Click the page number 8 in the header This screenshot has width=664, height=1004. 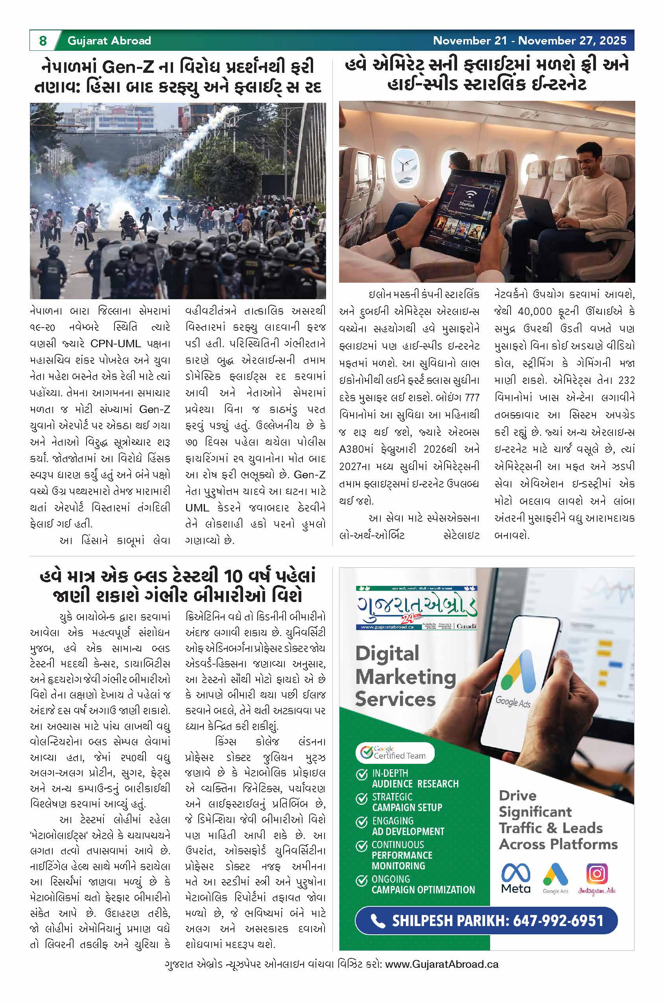click(42, 41)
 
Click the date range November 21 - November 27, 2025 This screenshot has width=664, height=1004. click(529, 41)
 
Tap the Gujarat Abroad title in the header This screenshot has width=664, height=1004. click(109, 41)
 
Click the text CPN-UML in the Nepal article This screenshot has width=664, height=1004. click(115, 343)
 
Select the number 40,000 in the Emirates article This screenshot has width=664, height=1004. click(535, 311)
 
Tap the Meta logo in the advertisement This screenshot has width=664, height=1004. click(515, 878)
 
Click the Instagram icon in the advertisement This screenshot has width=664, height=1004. click(597, 874)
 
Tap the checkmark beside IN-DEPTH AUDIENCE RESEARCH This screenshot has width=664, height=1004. click(361, 775)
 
